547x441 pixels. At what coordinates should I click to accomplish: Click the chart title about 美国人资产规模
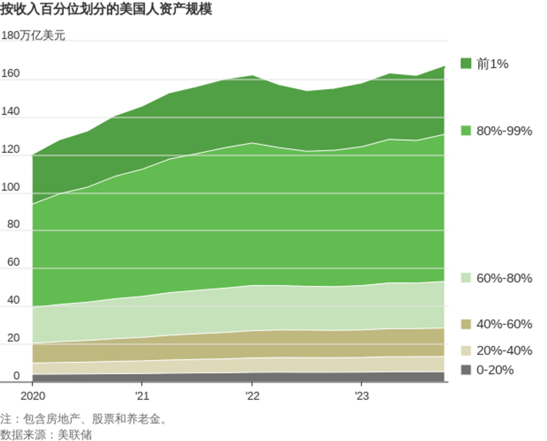(106, 9)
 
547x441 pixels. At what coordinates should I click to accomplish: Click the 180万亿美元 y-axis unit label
(33, 36)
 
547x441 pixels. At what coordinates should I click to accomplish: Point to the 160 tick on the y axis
(10, 74)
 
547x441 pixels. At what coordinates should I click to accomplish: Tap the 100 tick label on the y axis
(10, 187)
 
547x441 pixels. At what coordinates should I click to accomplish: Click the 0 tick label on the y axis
(16, 376)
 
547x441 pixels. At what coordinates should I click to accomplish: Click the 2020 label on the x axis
(33, 396)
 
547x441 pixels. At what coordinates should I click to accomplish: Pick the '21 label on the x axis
(142, 396)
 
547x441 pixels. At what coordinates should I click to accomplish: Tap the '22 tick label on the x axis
(252, 396)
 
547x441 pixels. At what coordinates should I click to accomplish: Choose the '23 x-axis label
(361, 396)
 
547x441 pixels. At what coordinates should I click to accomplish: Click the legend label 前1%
(492, 64)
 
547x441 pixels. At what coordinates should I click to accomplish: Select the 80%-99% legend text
(504, 131)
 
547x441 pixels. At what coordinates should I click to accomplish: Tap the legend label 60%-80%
(504, 278)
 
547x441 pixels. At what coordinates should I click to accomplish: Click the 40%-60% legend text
(504, 324)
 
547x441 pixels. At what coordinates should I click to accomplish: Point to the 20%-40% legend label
(504, 351)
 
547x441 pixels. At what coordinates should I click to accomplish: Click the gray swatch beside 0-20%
(466, 370)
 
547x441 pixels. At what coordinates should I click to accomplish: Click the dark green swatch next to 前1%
(466, 64)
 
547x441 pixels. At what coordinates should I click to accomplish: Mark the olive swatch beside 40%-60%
(466, 324)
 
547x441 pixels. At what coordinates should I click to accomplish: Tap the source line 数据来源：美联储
(46, 435)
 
